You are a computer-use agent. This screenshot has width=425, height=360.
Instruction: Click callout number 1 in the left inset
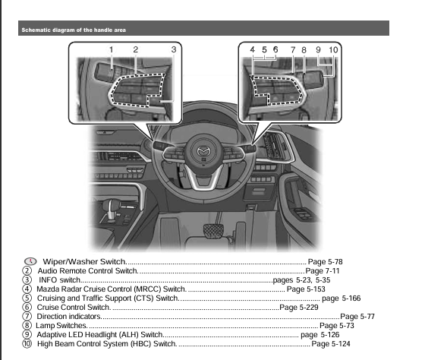pyautogui.click(x=111, y=50)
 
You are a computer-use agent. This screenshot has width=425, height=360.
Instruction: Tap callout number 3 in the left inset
pyautogui.click(x=174, y=50)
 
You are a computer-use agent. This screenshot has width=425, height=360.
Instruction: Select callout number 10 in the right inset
pyautogui.click(x=334, y=50)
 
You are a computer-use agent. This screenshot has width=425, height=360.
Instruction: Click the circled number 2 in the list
pyautogui.click(x=27, y=270)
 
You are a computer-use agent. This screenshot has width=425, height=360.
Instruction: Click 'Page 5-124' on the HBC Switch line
pyautogui.click(x=332, y=344)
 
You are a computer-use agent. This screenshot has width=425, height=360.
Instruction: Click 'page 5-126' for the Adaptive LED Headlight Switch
pyautogui.click(x=320, y=335)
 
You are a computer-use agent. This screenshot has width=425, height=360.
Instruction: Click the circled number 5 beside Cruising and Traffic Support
pyautogui.click(x=27, y=298)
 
